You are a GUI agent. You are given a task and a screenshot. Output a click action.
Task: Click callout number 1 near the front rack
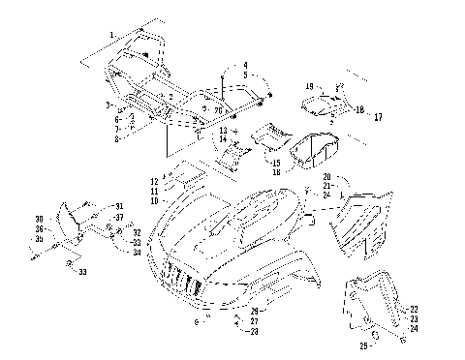[111, 35]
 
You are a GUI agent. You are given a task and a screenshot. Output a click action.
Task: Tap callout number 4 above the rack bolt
[245, 65]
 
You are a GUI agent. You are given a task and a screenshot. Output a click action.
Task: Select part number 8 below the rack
[116, 139]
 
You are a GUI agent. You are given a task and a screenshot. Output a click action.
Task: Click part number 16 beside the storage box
[276, 171]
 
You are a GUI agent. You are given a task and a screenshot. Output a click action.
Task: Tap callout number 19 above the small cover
[309, 86]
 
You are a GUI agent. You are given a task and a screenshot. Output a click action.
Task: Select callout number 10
[154, 200]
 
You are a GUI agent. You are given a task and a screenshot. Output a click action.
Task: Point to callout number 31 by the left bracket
[119, 207]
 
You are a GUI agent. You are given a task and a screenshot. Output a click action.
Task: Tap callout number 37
[119, 218]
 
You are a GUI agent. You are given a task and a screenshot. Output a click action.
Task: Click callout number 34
[137, 252]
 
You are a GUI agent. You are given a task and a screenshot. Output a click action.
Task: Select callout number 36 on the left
[39, 228]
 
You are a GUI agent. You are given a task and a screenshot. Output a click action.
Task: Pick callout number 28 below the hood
[254, 331]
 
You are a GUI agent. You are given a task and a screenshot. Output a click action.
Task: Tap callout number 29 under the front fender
[254, 311]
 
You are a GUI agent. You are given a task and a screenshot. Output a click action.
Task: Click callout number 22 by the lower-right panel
[414, 308]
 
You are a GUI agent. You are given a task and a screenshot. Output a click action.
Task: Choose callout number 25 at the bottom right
[363, 345]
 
